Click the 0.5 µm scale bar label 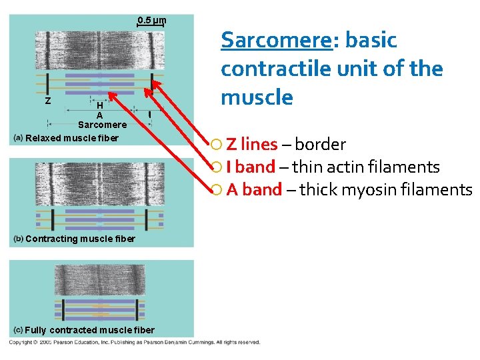pyautogui.click(x=151, y=19)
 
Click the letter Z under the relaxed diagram pyautogui.click(x=47, y=101)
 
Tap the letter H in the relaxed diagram pyautogui.click(x=99, y=105)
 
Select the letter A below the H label pyautogui.click(x=99, y=115)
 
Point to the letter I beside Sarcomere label pyautogui.click(x=149, y=115)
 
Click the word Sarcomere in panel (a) pyautogui.click(x=102, y=125)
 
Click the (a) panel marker pyautogui.click(x=19, y=138)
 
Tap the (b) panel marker pyautogui.click(x=19, y=239)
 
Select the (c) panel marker pyautogui.click(x=19, y=330)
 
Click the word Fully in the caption pyautogui.click(x=37, y=330)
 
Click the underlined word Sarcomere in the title pyautogui.click(x=276, y=40)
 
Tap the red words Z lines pyautogui.click(x=252, y=144)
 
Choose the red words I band pyautogui.click(x=251, y=167)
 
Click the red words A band pyautogui.click(x=254, y=189)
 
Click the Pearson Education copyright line pyautogui.click(x=134, y=342)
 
